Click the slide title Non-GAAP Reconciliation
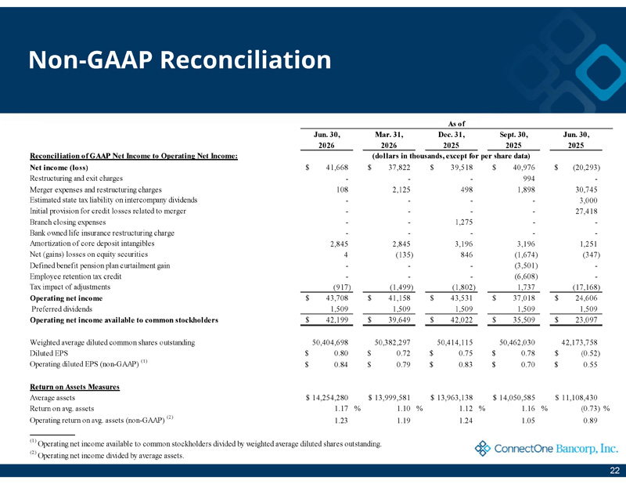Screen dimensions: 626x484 coord(180,60)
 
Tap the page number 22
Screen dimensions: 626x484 coord(615,471)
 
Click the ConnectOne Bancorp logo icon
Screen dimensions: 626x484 coord(482,449)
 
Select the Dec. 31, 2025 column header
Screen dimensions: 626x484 coord(452,140)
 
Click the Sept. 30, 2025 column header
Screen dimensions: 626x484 coord(513,140)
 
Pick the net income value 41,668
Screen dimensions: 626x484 coord(337,168)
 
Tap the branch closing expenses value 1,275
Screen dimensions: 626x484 coord(464,222)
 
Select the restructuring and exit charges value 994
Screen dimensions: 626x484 coord(529,179)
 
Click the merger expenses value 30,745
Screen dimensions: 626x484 coord(586,190)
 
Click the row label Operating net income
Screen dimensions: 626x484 coord(67,298)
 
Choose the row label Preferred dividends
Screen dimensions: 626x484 coord(62,309)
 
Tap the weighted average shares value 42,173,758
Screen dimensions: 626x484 coord(579,342)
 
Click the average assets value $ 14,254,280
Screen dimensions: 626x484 coord(327,398)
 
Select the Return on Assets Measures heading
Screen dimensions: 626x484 coord(74,387)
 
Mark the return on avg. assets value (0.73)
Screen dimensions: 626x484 coord(590,409)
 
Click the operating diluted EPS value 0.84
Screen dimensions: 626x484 coord(341,364)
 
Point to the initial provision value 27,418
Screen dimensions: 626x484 coord(586,211)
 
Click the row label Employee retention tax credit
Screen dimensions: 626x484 coord(75,276)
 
